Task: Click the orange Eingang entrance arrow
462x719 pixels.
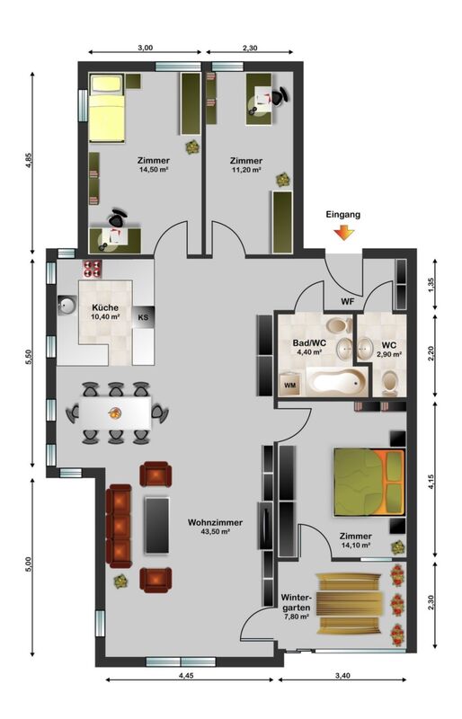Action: click(x=343, y=233)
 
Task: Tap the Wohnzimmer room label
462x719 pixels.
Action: click(x=215, y=522)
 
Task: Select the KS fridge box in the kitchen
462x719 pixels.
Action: click(x=143, y=317)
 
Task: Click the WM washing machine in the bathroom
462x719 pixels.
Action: click(x=290, y=385)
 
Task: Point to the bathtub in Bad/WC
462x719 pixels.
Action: click(x=337, y=381)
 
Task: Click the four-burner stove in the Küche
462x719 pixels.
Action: click(x=92, y=269)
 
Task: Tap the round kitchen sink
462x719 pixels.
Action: click(x=67, y=306)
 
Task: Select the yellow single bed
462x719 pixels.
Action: click(x=107, y=108)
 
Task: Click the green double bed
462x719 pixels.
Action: click(x=369, y=483)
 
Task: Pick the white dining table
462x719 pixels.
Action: click(x=115, y=413)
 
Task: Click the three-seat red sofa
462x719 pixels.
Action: click(x=120, y=526)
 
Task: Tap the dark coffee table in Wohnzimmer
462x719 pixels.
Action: click(x=157, y=525)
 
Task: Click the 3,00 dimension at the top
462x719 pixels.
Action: click(x=145, y=48)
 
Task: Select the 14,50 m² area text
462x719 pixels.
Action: click(x=153, y=169)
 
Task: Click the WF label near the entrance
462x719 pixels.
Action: click(x=347, y=302)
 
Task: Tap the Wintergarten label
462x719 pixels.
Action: click(x=296, y=602)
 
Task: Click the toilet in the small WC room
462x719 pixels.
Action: click(x=390, y=383)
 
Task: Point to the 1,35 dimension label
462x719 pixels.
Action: click(x=431, y=285)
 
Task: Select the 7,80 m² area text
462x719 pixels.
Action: click(x=296, y=617)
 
